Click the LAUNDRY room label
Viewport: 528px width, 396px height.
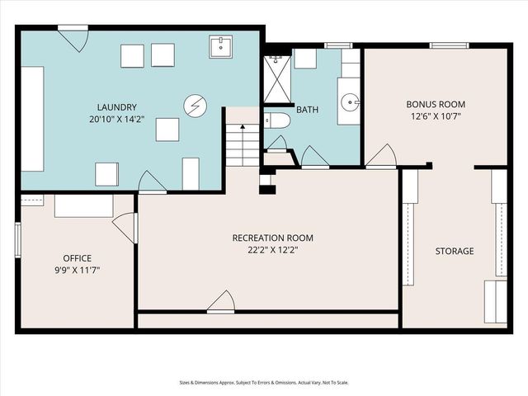116,107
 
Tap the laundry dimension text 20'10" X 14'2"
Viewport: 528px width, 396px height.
116,119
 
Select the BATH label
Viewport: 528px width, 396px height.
307,109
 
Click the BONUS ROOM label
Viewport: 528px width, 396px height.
436,105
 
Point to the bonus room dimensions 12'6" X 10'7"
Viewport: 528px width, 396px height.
436,116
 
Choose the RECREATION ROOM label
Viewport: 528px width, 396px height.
272,238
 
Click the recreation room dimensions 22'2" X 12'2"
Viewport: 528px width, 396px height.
272,250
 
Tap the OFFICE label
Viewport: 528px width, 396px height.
77,257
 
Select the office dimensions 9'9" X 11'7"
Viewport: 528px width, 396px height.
77,270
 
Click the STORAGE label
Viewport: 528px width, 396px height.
455,251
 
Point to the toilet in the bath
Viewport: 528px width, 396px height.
277,121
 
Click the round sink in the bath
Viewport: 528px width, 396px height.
351,103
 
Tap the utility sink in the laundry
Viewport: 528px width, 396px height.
221,48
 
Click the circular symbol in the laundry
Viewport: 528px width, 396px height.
195,106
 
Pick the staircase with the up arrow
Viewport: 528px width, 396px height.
242,145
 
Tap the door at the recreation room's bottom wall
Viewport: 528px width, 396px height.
221,303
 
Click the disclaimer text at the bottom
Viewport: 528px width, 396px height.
263,382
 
